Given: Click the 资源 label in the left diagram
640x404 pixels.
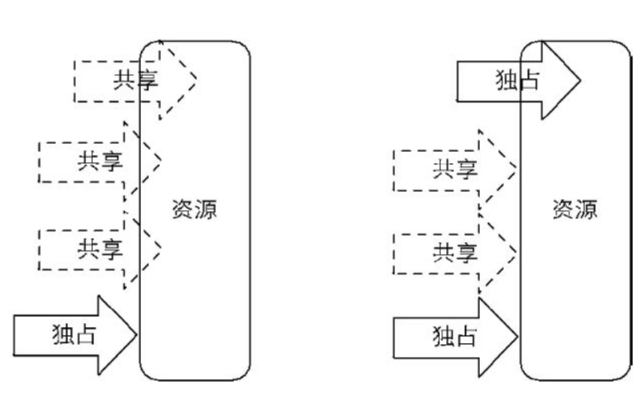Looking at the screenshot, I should pos(194,210).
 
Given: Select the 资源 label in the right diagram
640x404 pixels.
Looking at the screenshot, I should pos(574,210).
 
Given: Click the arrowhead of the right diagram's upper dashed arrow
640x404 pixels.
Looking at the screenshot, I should pos(499,167).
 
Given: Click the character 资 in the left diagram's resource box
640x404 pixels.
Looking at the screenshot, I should pos(183,210).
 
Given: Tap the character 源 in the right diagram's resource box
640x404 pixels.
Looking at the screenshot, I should pos(586,210).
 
